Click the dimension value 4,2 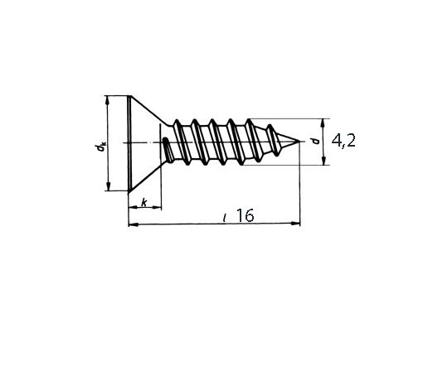coord(343,142)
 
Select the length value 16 coord(244,215)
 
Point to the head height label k coord(144,203)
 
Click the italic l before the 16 coord(226,217)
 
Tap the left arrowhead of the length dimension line coord(131,224)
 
